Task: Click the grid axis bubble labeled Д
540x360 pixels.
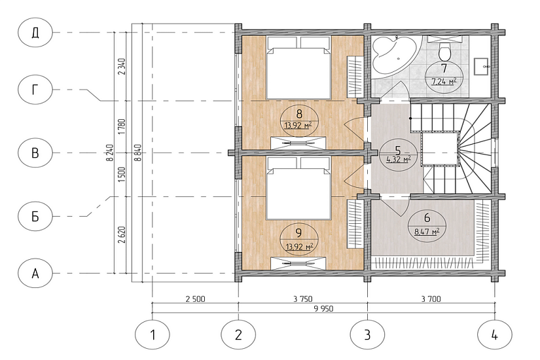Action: (x=35, y=32)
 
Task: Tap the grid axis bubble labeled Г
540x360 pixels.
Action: (x=35, y=90)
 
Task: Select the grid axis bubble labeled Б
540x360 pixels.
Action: (x=35, y=217)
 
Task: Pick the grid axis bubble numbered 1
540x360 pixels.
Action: (x=153, y=334)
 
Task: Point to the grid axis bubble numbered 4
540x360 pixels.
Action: (x=495, y=334)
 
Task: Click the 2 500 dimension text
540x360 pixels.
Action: (x=195, y=298)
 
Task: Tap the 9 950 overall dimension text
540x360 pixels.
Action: (x=324, y=309)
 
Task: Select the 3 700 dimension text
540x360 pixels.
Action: (x=431, y=298)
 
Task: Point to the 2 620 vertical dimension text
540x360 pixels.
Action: (x=122, y=234)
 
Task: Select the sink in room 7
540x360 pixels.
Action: (x=482, y=67)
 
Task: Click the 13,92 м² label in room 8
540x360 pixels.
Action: (x=298, y=125)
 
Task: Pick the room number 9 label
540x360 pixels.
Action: (x=298, y=233)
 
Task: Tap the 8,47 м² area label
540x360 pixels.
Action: (x=426, y=231)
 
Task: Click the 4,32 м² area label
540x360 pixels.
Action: (x=399, y=159)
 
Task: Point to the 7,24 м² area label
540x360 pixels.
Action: (x=444, y=81)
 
